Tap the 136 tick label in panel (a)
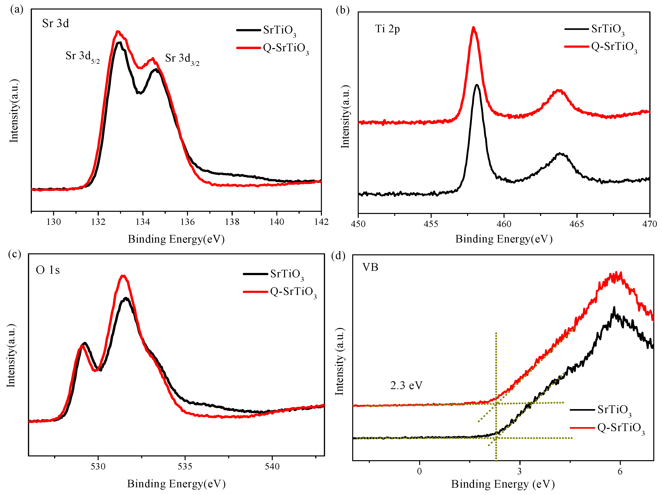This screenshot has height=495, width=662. (x=187, y=222)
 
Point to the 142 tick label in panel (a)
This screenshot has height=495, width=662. (x=321, y=222)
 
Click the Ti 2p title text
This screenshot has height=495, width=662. (x=387, y=29)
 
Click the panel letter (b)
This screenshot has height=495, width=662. (x=342, y=10)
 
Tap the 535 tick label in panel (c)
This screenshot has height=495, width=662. (x=185, y=466)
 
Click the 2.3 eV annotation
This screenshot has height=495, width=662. (x=406, y=386)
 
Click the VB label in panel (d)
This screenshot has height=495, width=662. (x=370, y=267)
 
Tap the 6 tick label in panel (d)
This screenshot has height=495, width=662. (x=620, y=472)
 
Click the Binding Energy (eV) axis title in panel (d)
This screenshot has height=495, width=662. (x=503, y=484)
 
